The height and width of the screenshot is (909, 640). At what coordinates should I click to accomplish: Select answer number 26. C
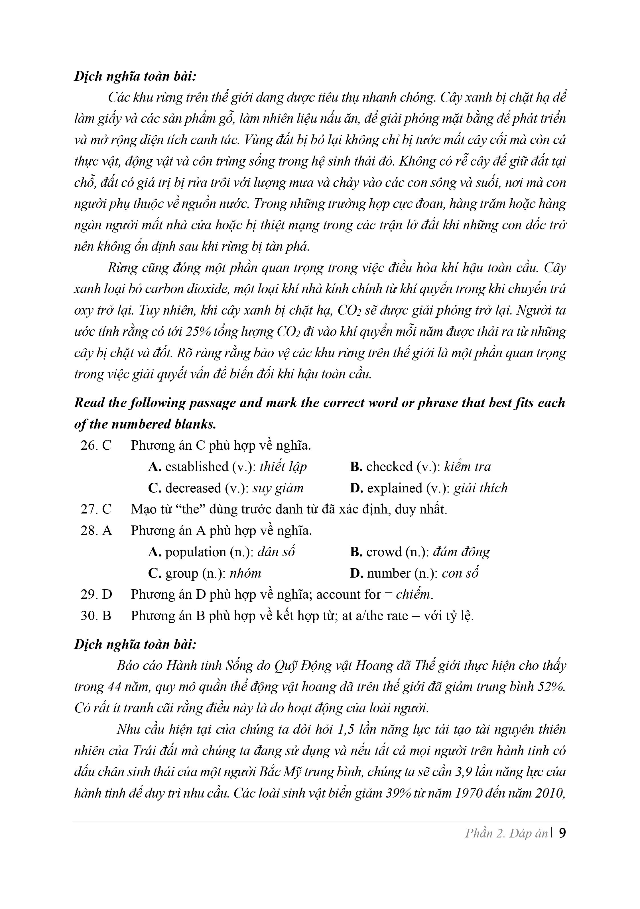pyautogui.click(x=96, y=445)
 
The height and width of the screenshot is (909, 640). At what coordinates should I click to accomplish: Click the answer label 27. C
pyautogui.click(x=96, y=509)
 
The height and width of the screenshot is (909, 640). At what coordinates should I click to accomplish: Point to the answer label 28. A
pyautogui.click(x=96, y=531)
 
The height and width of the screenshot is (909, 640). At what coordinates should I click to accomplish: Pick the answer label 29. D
pyautogui.click(x=96, y=594)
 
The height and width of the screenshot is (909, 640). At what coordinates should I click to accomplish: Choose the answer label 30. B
pyautogui.click(x=96, y=615)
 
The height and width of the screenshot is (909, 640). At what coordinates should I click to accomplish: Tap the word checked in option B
pyautogui.click(x=389, y=467)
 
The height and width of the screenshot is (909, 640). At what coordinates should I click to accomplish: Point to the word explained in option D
pyautogui.click(x=389, y=488)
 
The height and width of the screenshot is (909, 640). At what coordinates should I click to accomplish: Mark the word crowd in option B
pyautogui.click(x=384, y=552)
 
